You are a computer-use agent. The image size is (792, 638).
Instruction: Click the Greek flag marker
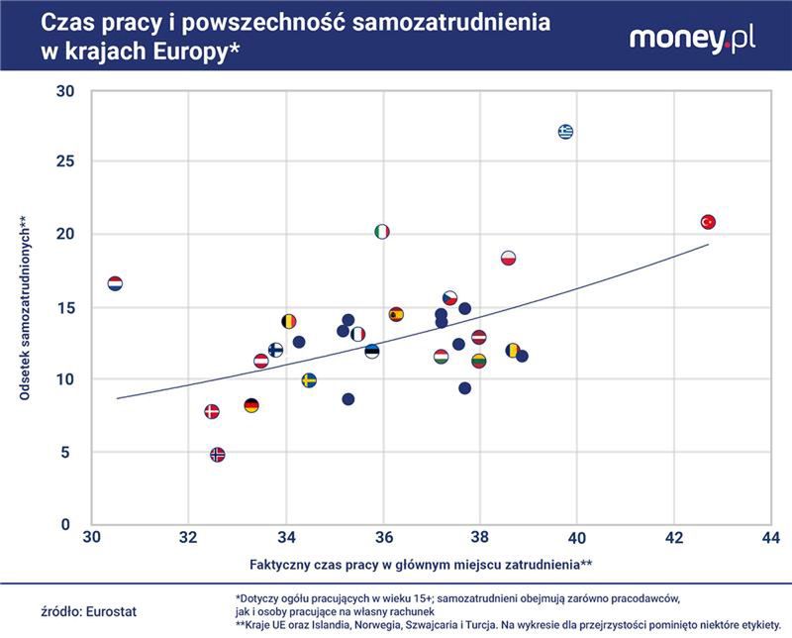(565, 132)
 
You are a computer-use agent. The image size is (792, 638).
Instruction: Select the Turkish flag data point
(708, 223)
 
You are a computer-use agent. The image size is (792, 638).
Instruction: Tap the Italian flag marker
(382, 232)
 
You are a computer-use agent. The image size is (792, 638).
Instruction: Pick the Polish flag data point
(509, 259)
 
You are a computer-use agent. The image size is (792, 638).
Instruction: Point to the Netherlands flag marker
(115, 284)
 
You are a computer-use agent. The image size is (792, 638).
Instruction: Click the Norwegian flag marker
(218, 455)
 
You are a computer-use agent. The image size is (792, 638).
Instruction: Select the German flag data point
(251, 405)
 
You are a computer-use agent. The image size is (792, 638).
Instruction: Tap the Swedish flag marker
(309, 380)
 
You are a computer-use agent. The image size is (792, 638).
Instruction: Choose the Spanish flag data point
(396, 315)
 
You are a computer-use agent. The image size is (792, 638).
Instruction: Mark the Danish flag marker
(211, 411)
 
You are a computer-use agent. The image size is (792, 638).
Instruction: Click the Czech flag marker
(450, 298)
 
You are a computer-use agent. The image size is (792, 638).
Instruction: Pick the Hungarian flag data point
(441, 357)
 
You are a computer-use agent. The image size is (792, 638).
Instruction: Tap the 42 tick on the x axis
(674, 538)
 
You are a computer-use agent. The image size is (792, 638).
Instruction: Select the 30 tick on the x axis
(91, 538)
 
